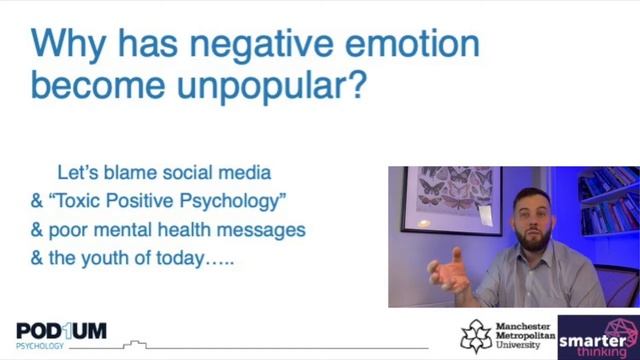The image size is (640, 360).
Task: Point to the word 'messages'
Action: click(262, 230)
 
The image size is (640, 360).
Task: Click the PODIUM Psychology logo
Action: click(61, 333)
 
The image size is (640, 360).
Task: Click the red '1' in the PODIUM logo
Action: click(67, 329)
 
